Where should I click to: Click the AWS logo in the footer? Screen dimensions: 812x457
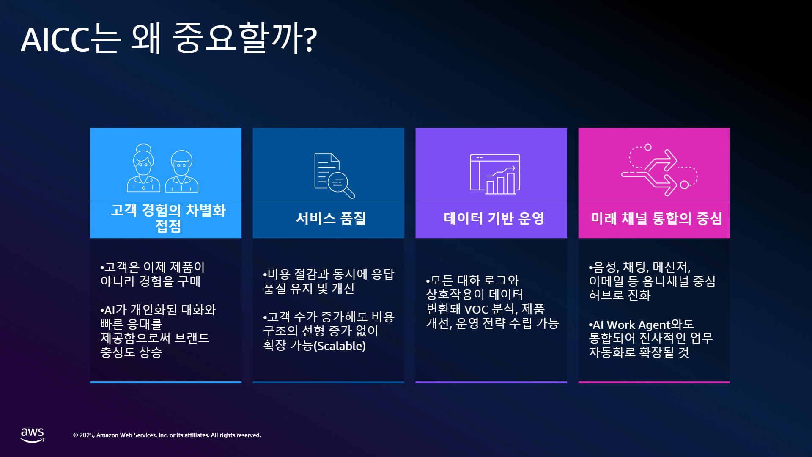pos(33,435)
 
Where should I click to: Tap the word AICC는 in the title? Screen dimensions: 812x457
pos(71,39)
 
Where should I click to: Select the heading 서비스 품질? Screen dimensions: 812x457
pos(331,218)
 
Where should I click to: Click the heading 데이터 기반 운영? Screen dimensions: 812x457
pos(494,218)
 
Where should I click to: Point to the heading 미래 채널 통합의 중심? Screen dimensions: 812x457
pos(656,218)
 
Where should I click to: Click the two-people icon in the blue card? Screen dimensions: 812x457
pos(163,168)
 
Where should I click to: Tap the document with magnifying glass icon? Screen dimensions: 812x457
pos(335,175)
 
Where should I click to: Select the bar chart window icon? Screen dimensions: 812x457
pos(495,174)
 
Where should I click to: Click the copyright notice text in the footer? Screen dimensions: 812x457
pos(167,435)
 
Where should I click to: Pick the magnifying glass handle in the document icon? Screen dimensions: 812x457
pos(349,193)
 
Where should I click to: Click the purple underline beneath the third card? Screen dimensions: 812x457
pos(491,382)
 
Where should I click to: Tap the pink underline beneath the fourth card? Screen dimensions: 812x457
pos(654,382)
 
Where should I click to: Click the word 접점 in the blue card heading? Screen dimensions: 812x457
pos(168,226)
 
